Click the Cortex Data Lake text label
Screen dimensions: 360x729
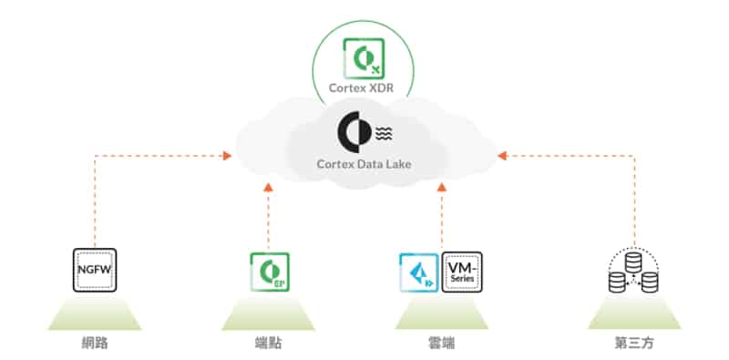(364, 164)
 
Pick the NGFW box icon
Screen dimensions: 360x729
(96, 270)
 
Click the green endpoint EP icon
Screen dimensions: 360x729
(269, 272)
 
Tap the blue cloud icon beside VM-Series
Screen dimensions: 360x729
(418, 272)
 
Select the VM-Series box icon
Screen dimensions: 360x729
(461, 272)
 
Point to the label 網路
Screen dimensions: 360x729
(96, 345)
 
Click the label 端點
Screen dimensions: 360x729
(269, 345)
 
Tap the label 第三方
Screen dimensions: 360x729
(634, 345)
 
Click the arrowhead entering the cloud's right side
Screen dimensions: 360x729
(502, 156)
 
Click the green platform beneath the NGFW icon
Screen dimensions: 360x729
(96, 314)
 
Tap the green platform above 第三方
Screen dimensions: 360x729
(634, 314)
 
